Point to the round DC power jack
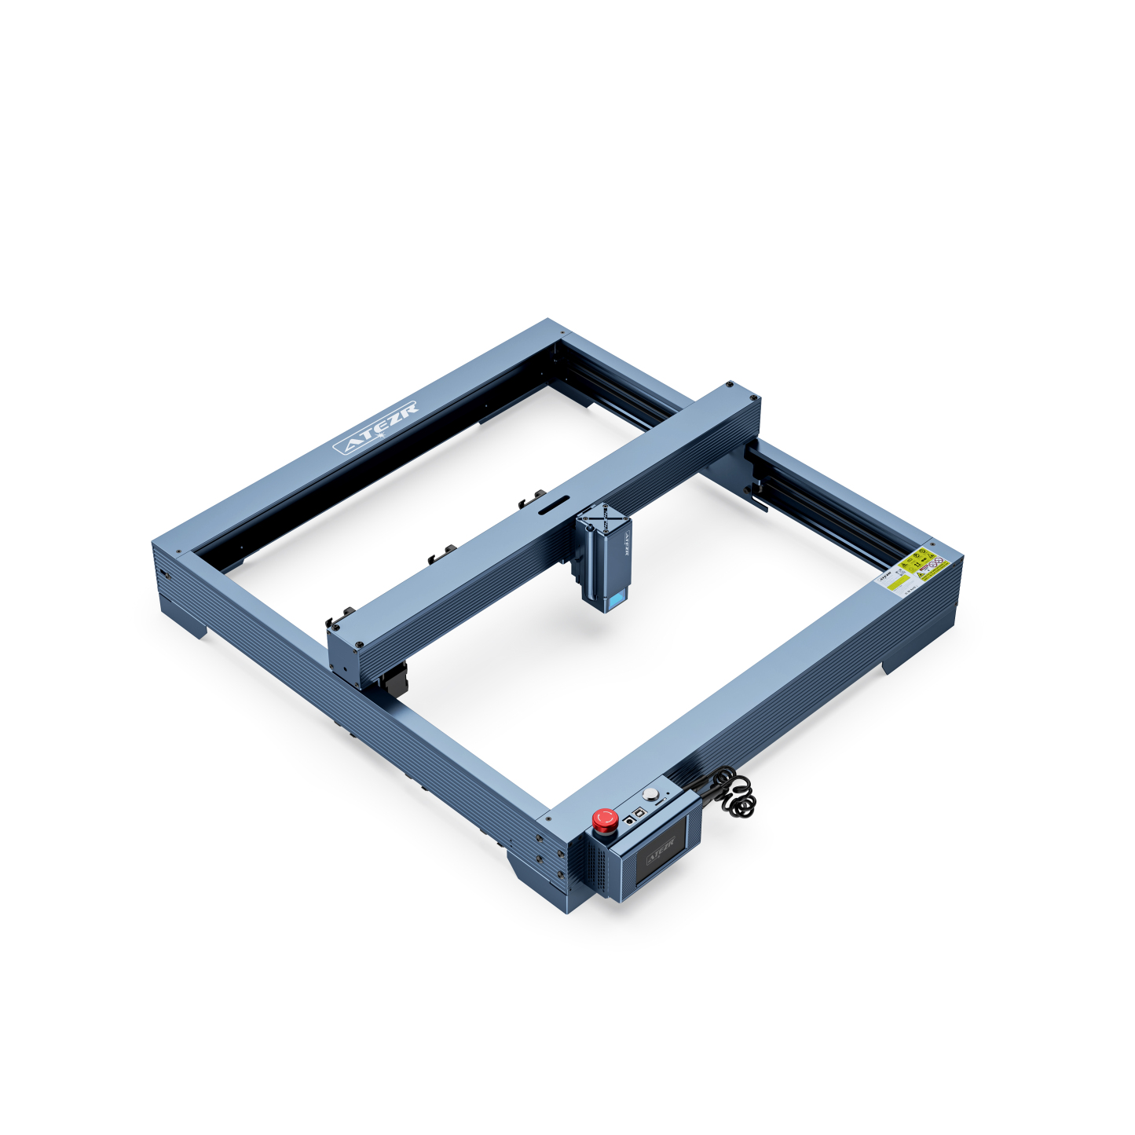click(629, 821)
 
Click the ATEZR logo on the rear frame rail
click(376, 427)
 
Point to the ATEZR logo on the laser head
click(627, 541)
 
